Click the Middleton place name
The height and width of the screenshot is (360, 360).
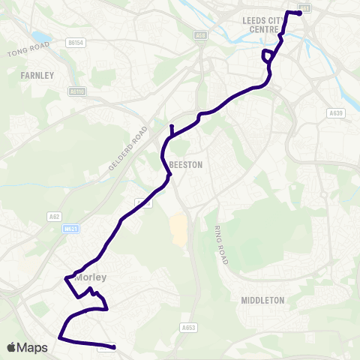[262, 300]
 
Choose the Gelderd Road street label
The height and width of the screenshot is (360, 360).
[128, 148]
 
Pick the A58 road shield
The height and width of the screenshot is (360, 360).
[200, 34]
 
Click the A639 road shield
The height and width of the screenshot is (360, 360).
[334, 113]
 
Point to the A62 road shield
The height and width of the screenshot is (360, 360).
[54, 217]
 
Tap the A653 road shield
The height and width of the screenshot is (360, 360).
[188, 327]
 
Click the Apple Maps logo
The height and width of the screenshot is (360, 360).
[27, 347]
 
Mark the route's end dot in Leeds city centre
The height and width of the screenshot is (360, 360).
[299, 13]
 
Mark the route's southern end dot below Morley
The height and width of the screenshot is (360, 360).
[113, 346]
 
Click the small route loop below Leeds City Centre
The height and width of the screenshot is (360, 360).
[267, 56]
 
